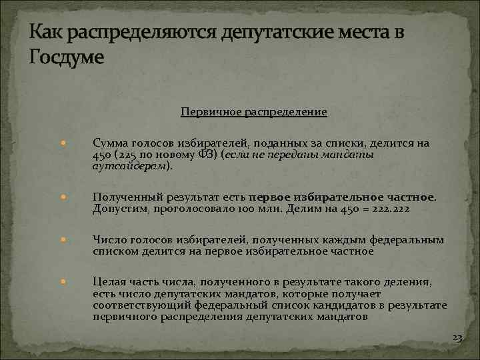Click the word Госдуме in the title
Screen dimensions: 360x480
tap(67, 57)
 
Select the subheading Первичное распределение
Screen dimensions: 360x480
tap(254, 111)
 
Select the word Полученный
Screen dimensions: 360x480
tap(122, 197)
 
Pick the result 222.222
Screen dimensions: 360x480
tap(393, 209)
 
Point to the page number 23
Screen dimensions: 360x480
tap(457, 338)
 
